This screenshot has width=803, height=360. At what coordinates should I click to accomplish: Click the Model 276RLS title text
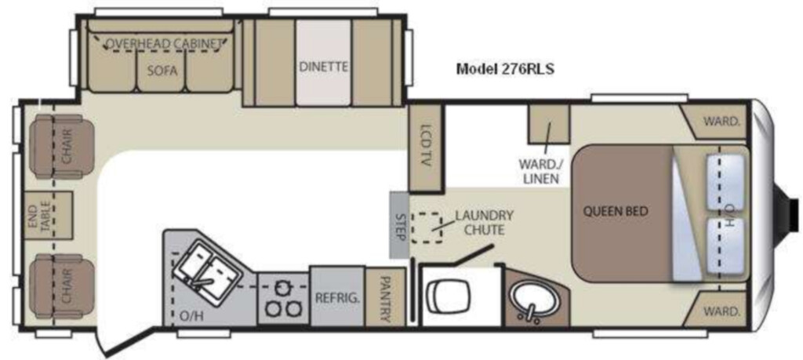[505, 69]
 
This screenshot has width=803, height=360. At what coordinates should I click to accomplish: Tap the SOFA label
[162, 71]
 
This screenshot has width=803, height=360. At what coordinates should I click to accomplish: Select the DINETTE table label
[324, 67]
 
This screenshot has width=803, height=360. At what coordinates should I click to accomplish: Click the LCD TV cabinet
[426, 147]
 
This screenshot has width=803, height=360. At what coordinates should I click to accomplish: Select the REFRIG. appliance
[337, 296]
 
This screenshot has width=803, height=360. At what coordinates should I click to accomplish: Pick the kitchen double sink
[208, 267]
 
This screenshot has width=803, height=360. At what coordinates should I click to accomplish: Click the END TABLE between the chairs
[49, 216]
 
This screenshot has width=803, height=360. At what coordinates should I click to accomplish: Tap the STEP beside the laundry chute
[399, 225]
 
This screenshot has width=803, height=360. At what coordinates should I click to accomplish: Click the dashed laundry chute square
[427, 227]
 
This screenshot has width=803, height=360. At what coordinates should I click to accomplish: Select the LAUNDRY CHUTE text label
[484, 222]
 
